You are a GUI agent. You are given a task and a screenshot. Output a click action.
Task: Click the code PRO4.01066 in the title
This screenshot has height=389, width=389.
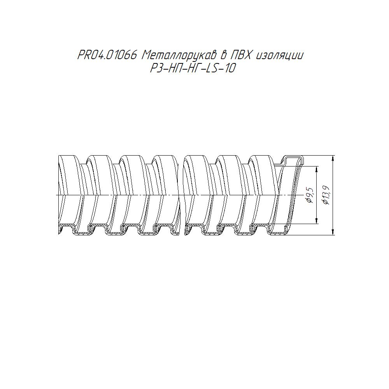tap(107, 55)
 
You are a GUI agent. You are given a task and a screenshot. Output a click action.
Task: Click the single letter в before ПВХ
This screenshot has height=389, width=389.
tap(223, 55)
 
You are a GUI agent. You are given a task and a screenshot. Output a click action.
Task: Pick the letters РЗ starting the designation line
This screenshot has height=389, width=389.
tap(156, 68)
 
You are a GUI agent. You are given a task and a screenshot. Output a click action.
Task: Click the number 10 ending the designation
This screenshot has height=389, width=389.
tap(229, 68)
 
